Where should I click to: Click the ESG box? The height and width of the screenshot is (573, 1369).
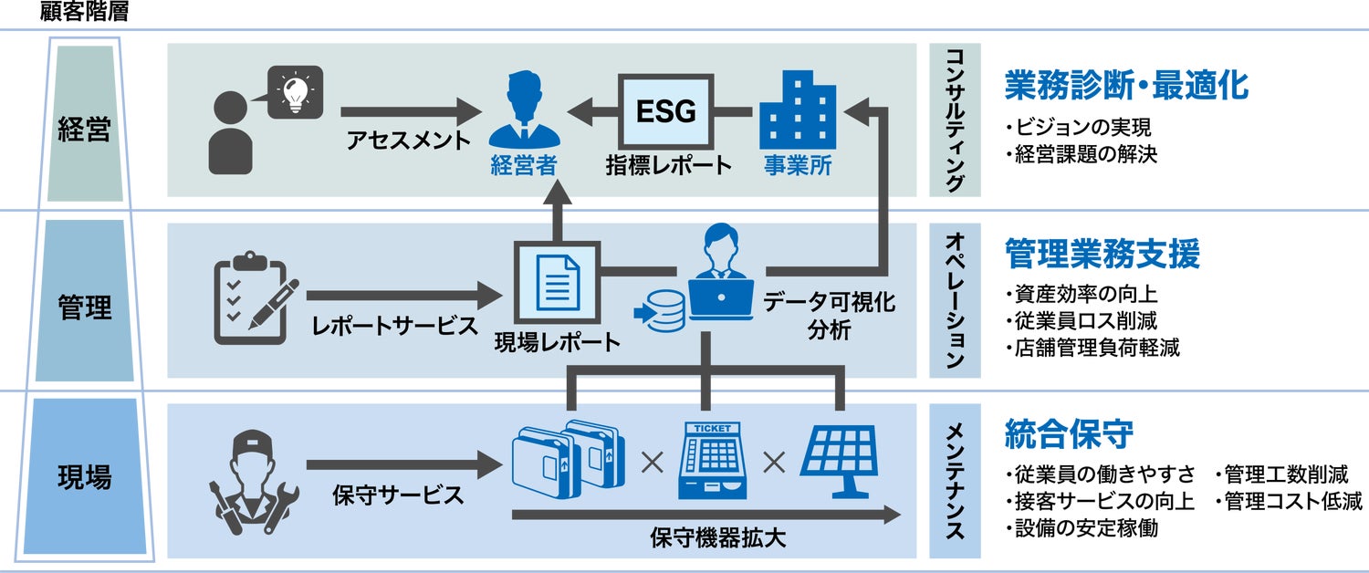(665, 111)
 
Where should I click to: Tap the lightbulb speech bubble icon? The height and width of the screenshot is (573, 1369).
(294, 90)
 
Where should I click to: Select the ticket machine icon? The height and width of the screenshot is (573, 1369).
(712, 461)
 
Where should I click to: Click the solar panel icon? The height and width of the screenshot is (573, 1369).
(840, 462)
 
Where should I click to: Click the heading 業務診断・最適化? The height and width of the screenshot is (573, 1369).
(1126, 86)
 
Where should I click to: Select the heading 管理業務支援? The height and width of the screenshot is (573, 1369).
(1102, 255)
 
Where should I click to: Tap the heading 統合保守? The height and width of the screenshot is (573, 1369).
(1056, 432)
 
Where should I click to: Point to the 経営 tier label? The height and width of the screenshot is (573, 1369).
(84, 129)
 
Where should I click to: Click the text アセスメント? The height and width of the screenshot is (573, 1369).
(408, 141)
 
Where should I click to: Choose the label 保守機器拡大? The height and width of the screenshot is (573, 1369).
(718, 538)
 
